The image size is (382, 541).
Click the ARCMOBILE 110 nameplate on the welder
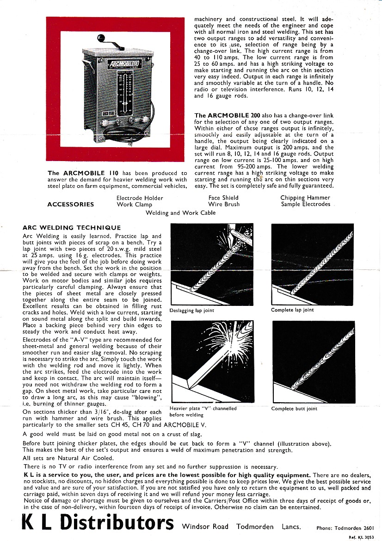(122, 63)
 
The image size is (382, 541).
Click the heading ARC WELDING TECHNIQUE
(72, 228)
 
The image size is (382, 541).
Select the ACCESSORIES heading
(70, 204)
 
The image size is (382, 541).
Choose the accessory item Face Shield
(223, 198)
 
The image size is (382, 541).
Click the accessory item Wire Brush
(224, 204)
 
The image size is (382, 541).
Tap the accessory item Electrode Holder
(140, 198)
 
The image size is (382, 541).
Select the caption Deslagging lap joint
(192, 311)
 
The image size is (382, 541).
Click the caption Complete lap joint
(292, 310)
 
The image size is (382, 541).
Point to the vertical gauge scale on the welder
(121, 93)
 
